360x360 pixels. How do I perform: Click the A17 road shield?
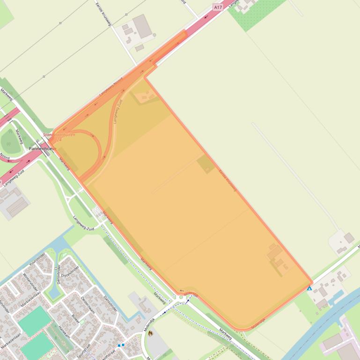pos(218,7)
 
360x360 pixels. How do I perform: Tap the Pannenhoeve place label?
pos(42,148)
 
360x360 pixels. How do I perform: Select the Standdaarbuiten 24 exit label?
pos(59,137)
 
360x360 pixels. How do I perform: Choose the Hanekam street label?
pos(64,332)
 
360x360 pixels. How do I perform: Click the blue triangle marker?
pos(309,288)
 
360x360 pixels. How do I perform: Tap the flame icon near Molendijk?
pos(150,333)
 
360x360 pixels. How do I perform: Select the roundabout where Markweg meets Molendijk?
pos(181,297)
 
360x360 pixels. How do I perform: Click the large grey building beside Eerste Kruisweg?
pos(142,26)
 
